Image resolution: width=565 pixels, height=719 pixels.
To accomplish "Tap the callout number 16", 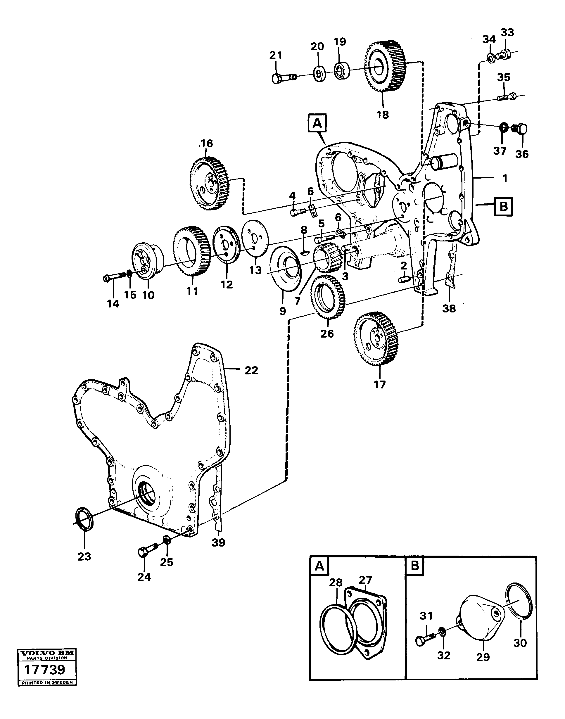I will (207, 144).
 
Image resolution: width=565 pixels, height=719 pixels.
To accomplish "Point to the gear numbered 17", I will (376, 339).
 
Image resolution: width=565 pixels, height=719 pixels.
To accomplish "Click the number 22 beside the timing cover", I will (251, 370).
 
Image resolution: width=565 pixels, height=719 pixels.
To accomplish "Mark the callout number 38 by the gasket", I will (449, 308).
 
